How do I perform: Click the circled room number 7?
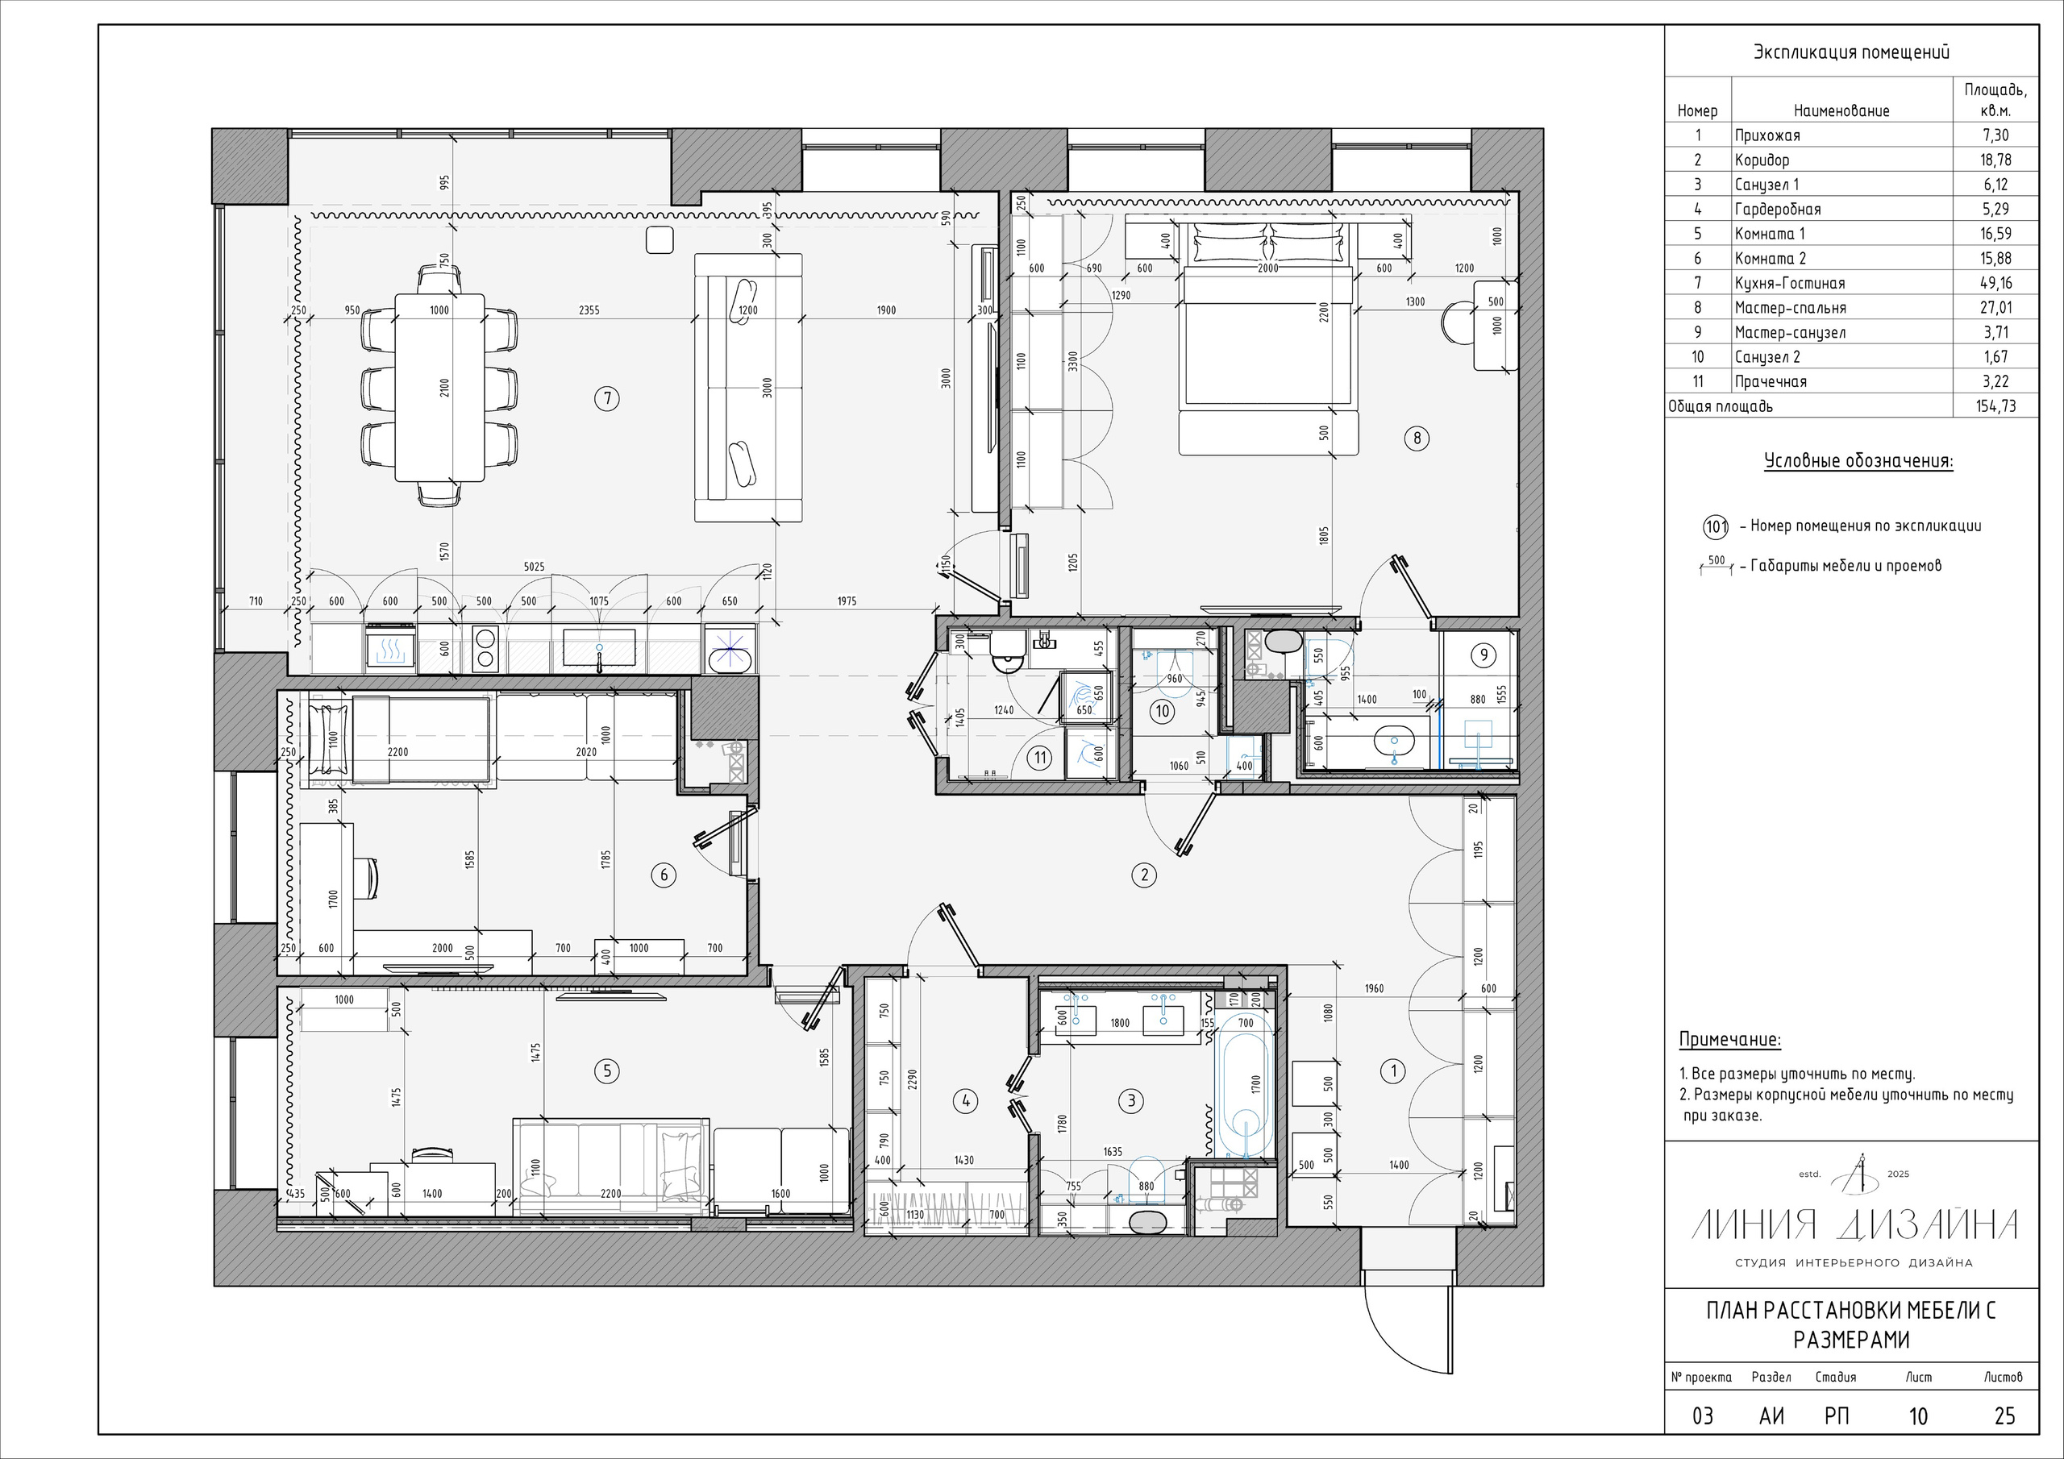click(608, 398)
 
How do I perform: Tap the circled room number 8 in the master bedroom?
click(1417, 439)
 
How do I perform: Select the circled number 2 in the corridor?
click(1143, 875)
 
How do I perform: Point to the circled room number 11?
click(1040, 758)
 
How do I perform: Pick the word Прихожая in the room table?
click(1767, 135)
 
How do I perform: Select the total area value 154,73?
click(1995, 406)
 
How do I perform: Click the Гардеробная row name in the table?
click(1777, 210)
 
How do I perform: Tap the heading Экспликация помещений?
click(1851, 52)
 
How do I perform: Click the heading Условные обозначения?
click(1858, 462)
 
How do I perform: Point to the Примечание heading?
click(1729, 1040)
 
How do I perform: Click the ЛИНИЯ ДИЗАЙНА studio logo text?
click(1854, 1224)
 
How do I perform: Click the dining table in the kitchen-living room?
click(439, 388)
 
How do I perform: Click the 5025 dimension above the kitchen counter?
click(534, 567)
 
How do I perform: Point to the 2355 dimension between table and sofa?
click(589, 310)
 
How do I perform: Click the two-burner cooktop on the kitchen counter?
click(485, 648)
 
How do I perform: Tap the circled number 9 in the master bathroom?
click(1483, 655)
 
